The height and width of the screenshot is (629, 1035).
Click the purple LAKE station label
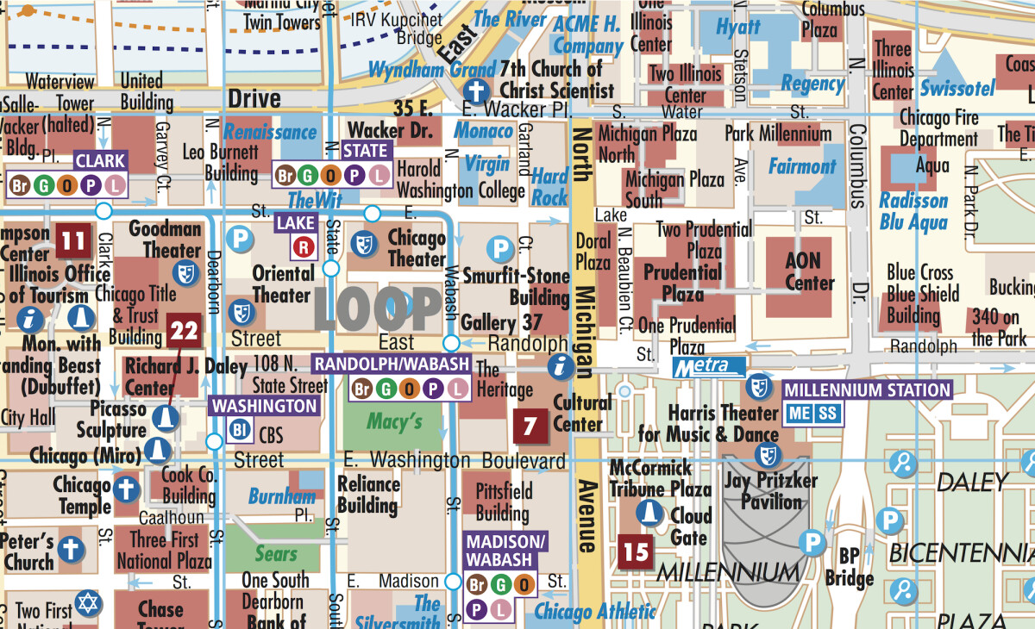(x=296, y=223)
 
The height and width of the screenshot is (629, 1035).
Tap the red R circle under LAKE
(x=303, y=248)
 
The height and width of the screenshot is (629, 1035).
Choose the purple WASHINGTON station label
(x=265, y=405)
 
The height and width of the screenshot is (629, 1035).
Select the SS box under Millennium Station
(x=827, y=414)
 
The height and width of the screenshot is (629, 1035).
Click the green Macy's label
(x=394, y=421)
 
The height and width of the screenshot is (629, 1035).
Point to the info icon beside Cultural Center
(x=561, y=366)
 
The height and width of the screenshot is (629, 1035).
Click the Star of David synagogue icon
(x=86, y=602)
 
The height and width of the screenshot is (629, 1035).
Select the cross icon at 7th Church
(x=475, y=90)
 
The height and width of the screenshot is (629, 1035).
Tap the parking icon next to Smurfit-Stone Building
(x=499, y=250)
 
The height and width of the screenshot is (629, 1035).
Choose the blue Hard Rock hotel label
(x=549, y=186)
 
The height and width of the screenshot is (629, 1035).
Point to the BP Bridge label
(x=849, y=567)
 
